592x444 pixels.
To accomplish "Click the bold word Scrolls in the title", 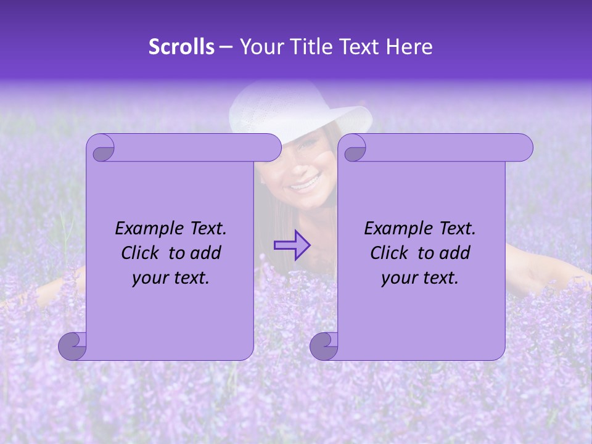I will coord(181,47).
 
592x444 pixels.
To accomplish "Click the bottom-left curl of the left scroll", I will coord(72,346).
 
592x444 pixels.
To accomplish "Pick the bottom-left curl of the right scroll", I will coord(324,346).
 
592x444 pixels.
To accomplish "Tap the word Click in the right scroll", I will coord(390,253).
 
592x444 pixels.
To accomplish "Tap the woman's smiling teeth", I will coord(306,183).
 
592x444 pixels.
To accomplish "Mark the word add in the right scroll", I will coord(456,253).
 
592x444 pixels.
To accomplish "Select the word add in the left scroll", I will coord(207,253).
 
